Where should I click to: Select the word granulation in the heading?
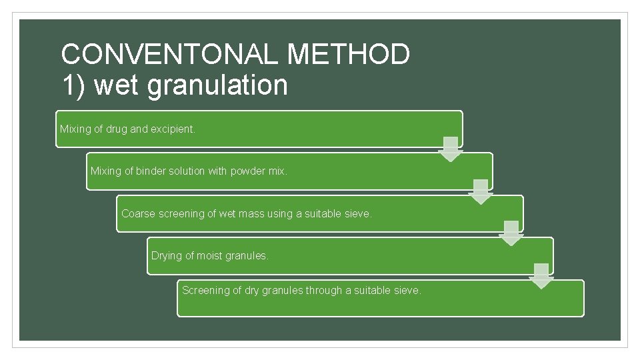point(217,85)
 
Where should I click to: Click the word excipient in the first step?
point(173,129)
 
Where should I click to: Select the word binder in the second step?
point(151,171)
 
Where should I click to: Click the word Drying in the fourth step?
point(166,256)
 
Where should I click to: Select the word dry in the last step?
point(250,291)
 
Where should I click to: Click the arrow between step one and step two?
point(451,149)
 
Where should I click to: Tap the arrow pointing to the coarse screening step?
point(481,192)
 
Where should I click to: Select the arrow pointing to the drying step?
point(511,234)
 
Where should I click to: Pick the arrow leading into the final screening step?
point(541,276)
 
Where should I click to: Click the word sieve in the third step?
point(357,214)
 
